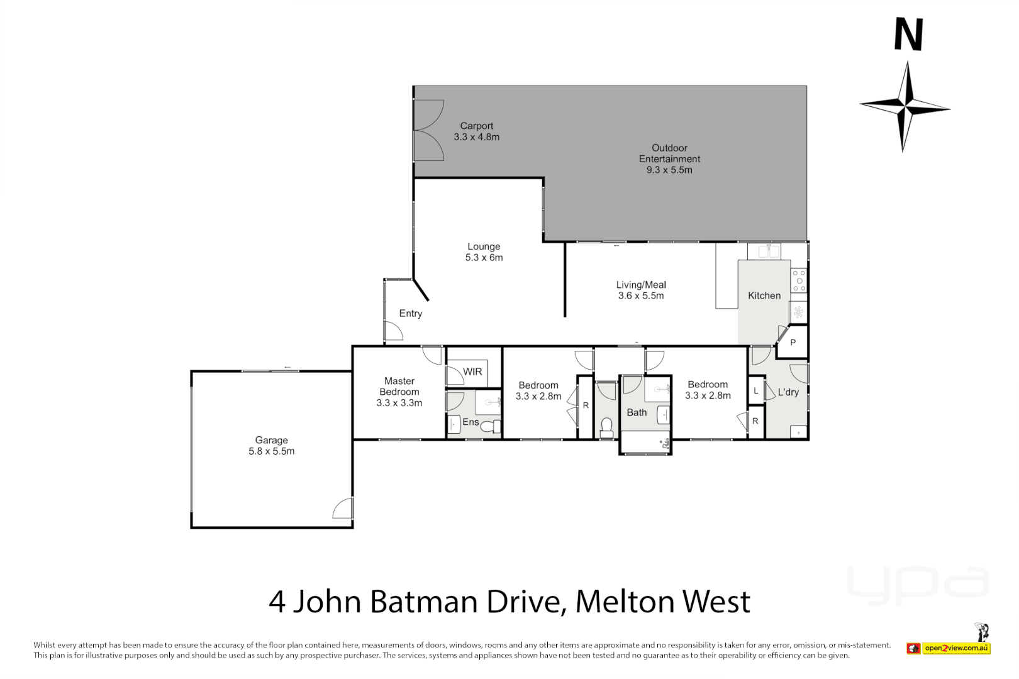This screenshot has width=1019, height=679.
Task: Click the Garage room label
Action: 271,446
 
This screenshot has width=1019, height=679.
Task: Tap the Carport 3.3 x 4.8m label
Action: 477,131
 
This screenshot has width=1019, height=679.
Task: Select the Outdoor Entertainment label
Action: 669,158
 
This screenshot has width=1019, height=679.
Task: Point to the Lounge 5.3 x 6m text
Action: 484,252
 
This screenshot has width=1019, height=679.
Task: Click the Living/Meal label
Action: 641,290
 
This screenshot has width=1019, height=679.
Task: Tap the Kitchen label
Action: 764,295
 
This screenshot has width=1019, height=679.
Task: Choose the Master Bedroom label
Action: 399,392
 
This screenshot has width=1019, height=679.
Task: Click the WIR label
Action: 472,372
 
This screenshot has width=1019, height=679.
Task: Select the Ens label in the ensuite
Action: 471,422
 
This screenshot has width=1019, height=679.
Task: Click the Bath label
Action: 637,412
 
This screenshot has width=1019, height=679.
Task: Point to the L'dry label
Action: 788,392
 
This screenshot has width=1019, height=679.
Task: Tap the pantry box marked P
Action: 793,343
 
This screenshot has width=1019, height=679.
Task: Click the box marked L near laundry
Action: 755,390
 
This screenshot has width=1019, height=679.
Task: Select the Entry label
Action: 410,313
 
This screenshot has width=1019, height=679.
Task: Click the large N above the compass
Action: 908,35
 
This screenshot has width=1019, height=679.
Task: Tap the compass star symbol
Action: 905,106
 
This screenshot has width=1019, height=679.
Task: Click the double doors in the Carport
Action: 428,130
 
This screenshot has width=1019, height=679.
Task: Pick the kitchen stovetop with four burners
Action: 799,280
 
